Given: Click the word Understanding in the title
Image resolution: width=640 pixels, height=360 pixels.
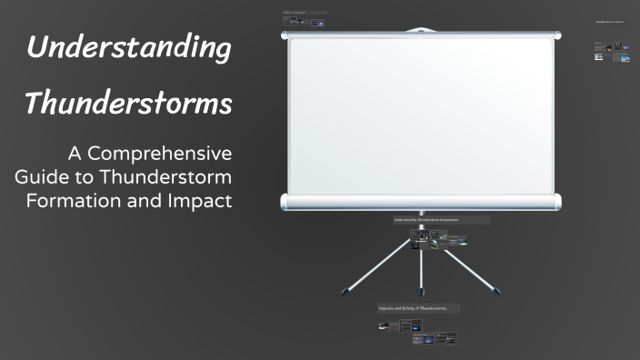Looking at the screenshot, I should (x=127, y=48).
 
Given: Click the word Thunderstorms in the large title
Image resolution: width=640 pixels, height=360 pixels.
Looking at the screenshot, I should (x=127, y=104).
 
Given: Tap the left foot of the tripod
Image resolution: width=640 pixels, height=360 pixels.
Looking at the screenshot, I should (x=345, y=293).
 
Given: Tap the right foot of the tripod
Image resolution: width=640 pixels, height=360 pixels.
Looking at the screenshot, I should (x=495, y=293).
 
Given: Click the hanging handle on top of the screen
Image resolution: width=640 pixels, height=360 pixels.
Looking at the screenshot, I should (x=420, y=30).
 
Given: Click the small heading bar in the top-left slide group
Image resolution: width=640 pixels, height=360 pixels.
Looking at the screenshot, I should (x=305, y=13).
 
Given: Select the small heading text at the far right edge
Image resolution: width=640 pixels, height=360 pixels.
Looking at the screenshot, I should (x=610, y=21).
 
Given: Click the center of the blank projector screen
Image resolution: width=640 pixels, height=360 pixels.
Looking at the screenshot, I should (x=420, y=116).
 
